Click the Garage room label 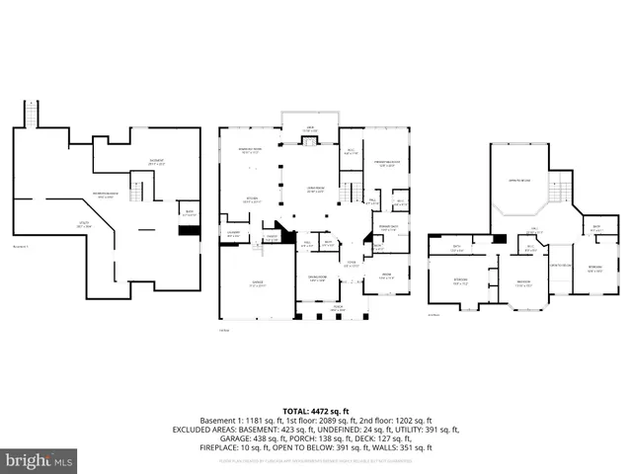click(x=257, y=283)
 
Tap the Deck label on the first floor click(x=310, y=130)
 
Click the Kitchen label click(x=252, y=199)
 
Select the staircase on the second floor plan click(x=561, y=186)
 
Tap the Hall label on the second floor click(x=533, y=232)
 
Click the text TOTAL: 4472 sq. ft click(x=316, y=411)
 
